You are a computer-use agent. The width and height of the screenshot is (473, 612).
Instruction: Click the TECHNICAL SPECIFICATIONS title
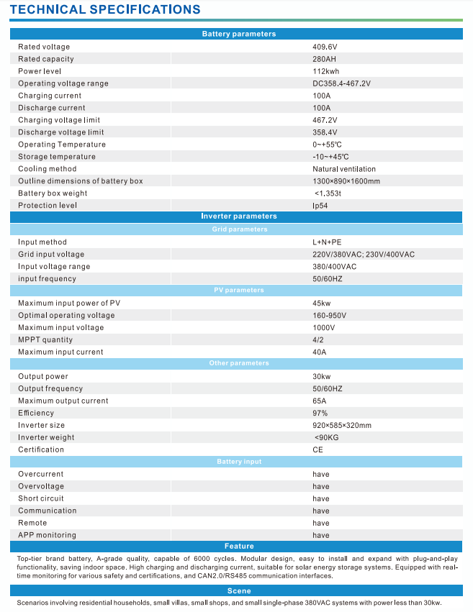click(x=105, y=9)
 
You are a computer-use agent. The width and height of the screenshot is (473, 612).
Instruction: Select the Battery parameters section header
click(x=238, y=34)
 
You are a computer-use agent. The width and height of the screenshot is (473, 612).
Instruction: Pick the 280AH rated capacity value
click(x=324, y=59)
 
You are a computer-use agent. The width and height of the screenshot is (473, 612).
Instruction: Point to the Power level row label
click(x=40, y=71)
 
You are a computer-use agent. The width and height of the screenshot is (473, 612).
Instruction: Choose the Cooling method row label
click(x=47, y=169)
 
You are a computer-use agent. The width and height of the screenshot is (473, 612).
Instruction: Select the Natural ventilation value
click(x=343, y=169)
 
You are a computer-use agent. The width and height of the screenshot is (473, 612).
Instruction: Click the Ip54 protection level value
click(x=320, y=206)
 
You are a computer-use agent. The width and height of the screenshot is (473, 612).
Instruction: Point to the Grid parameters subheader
click(x=239, y=229)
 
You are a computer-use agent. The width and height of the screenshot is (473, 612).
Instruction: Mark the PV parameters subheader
click(x=239, y=291)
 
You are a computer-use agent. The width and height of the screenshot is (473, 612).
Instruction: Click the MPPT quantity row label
click(x=45, y=339)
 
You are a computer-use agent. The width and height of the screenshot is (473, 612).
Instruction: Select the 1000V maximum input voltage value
click(x=324, y=327)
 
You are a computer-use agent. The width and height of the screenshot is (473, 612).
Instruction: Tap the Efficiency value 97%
click(x=320, y=413)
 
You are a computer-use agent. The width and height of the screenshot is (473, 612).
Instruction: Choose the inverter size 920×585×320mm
click(x=342, y=425)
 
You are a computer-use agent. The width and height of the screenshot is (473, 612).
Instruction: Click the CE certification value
click(x=317, y=449)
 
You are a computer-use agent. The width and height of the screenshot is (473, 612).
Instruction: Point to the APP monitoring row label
click(x=47, y=535)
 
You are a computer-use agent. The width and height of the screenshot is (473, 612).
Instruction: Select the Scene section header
click(x=238, y=590)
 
